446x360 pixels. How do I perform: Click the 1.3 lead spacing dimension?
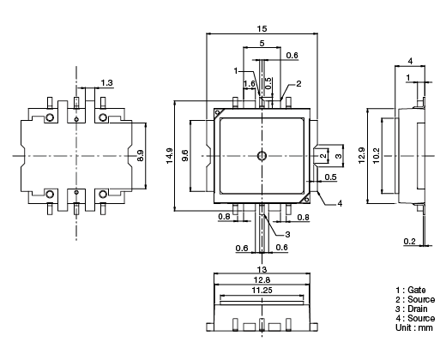(x=106, y=82)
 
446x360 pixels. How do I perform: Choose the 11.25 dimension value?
(x=262, y=291)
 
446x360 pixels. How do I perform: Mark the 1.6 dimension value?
(x=250, y=83)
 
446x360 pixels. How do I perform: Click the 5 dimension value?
(x=262, y=43)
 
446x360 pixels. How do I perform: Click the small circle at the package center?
(x=262, y=155)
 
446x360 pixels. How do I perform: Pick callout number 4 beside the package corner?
(x=340, y=203)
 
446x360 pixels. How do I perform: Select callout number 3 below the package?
(x=287, y=234)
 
